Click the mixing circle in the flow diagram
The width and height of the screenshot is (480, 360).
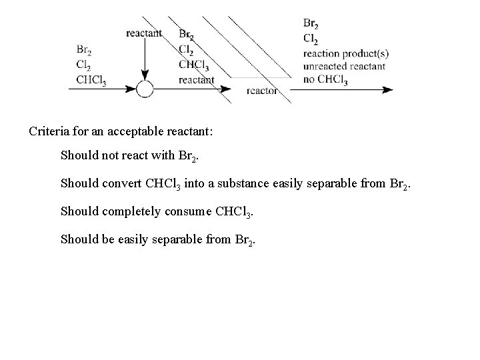click(x=145, y=89)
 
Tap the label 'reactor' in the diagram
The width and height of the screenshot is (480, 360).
click(x=262, y=91)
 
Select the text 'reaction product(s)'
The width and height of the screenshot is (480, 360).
click(x=345, y=53)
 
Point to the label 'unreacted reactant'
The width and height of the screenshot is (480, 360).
click(x=343, y=67)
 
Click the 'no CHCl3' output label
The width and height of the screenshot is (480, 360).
click(x=325, y=80)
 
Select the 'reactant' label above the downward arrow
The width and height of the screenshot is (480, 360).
click(x=143, y=33)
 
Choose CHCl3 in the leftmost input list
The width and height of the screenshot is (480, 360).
click(x=91, y=79)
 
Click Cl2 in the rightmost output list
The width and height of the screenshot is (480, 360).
click(x=310, y=39)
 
